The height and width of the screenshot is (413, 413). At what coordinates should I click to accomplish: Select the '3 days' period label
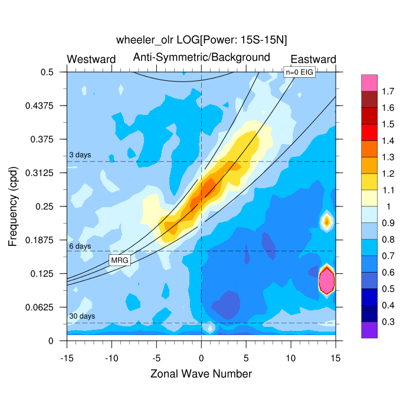[x=80, y=155]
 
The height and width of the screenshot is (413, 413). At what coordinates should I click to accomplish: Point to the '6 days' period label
[x=80, y=245]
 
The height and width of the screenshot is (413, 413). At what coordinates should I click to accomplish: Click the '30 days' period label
[x=81, y=316]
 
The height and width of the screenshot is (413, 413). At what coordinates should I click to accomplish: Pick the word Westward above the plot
[x=91, y=59]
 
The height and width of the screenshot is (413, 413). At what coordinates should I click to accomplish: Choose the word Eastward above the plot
[x=313, y=59]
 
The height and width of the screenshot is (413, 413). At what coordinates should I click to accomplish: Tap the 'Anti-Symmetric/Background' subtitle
[x=201, y=57]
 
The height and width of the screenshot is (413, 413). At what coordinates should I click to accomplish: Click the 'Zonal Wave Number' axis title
[x=201, y=374]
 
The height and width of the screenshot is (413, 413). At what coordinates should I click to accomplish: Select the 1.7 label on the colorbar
[x=387, y=91]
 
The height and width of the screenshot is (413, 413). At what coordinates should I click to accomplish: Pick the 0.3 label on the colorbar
[x=387, y=322]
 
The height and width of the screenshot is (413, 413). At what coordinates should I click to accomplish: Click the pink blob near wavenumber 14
[x=326, y=280]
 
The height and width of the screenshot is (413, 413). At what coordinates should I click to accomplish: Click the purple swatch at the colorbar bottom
[x=370, y=330]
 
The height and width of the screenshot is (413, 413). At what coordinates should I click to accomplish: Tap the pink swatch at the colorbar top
[x=370, y=83]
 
